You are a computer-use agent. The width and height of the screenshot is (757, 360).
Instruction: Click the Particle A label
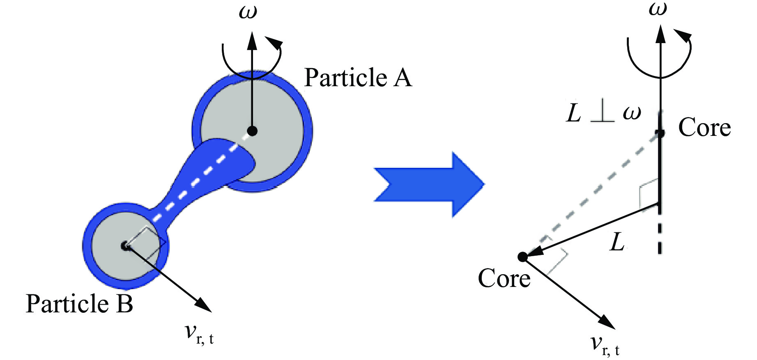coord(358,78)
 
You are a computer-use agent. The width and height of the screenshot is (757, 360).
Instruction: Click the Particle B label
coord(79,304)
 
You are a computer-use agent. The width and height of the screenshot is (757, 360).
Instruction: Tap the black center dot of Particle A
coord(252,131)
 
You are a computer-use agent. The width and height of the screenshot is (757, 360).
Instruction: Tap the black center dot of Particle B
coord(125,246)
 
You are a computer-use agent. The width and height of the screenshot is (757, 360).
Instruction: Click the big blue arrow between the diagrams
coord(429,184)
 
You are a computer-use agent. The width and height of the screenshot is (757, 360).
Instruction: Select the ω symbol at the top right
coord(658,9)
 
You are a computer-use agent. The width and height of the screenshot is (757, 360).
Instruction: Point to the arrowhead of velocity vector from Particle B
coord(204,305)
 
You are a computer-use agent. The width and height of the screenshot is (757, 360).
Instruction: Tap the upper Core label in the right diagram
coord(704,128)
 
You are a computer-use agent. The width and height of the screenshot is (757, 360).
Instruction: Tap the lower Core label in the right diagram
coord(504,279)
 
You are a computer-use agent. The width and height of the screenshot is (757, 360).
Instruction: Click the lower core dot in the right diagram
coord(522,257)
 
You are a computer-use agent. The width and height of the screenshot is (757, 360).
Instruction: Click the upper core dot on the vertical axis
coord(660,133)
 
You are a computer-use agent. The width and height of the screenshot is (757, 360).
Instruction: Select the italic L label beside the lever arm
coord(617,242)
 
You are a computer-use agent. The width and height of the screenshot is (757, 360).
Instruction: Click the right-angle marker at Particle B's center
coord(146,242)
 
